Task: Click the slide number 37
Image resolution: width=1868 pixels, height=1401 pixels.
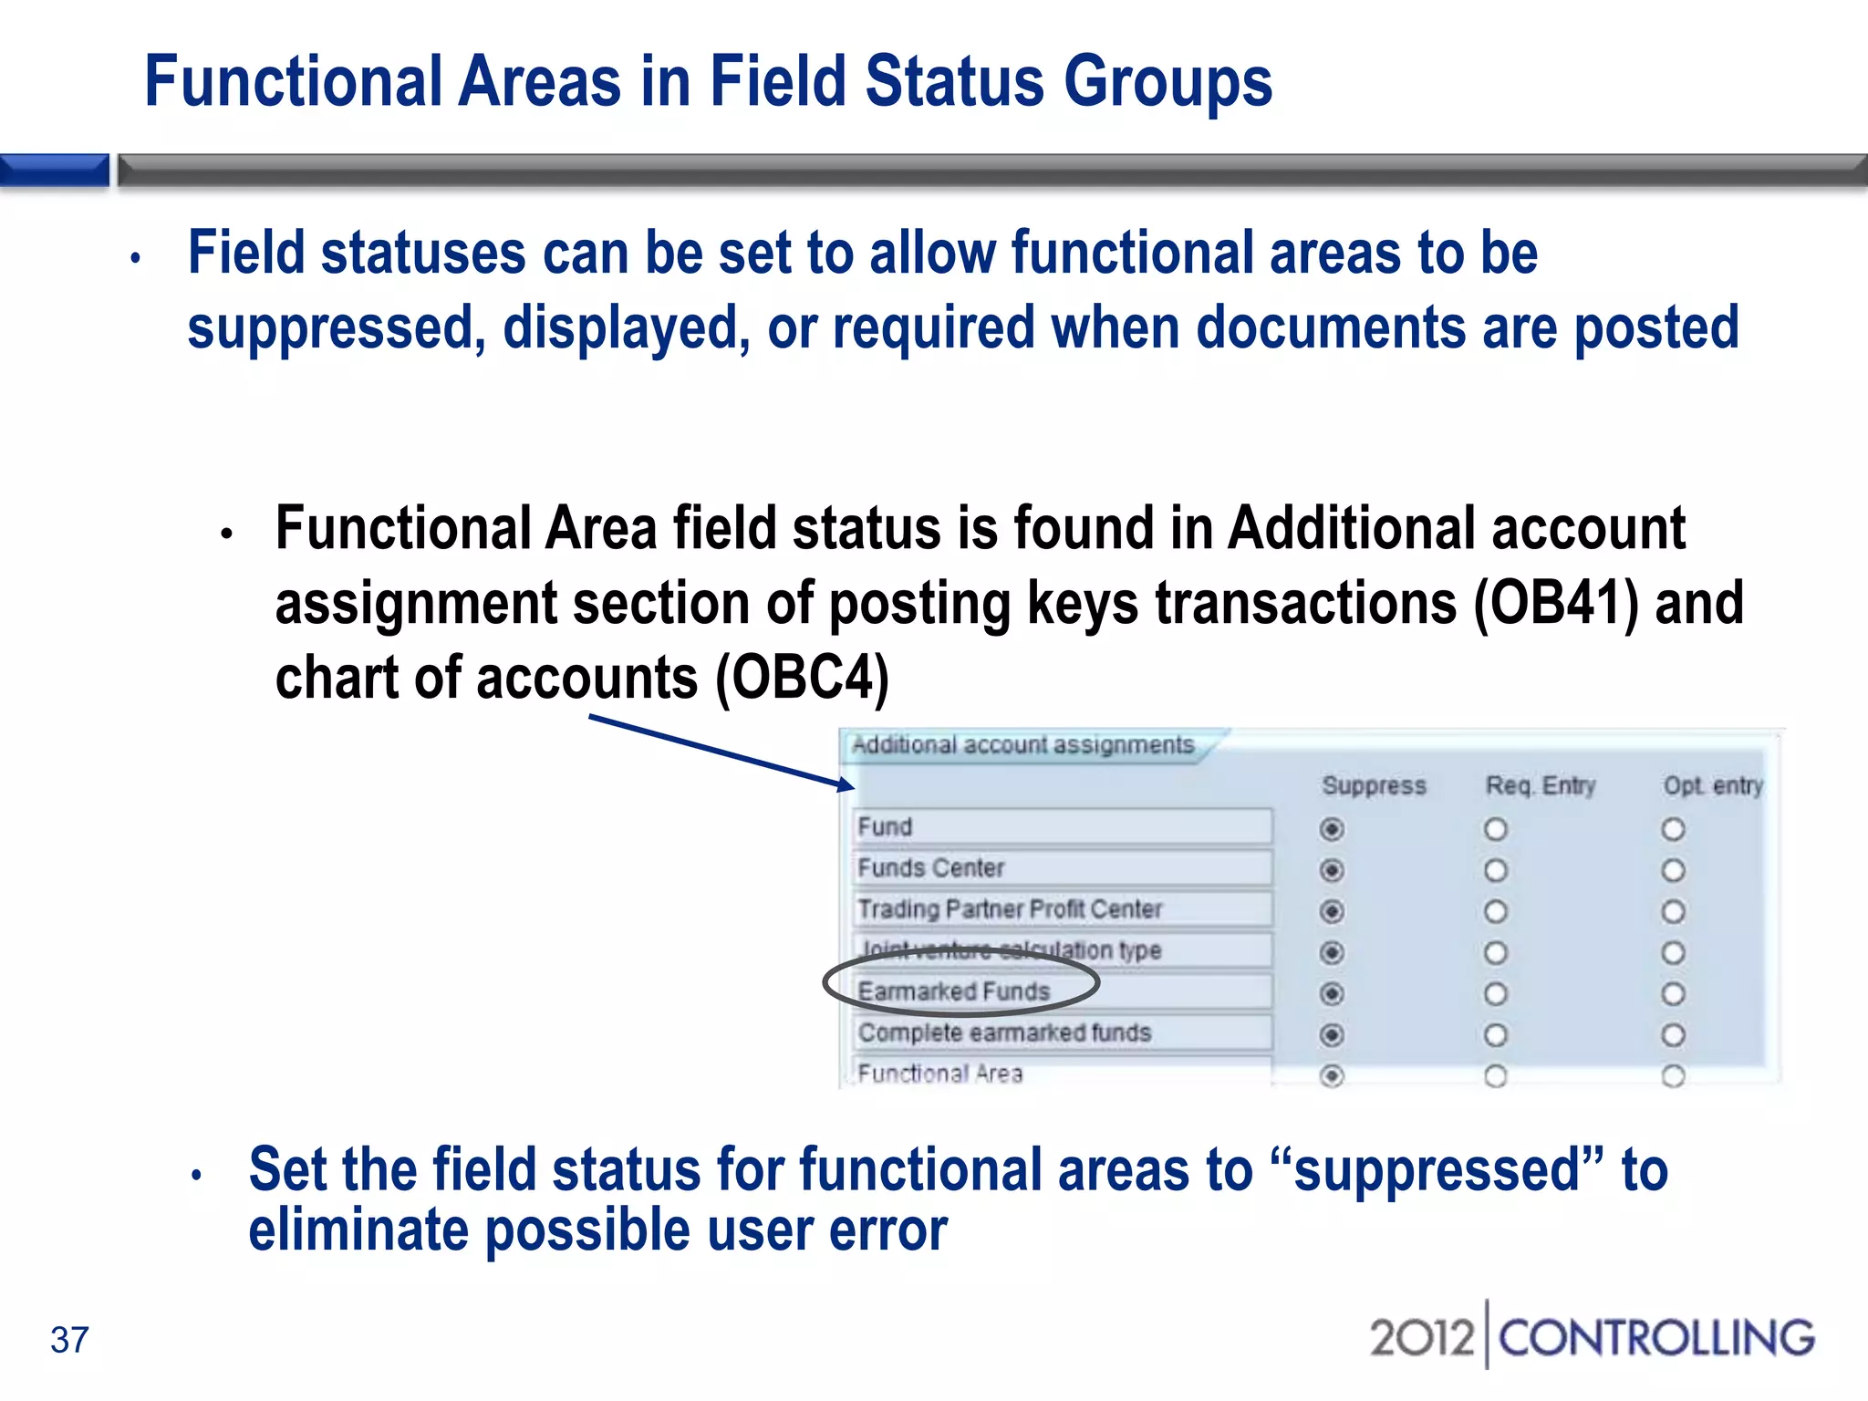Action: click(69, 1340)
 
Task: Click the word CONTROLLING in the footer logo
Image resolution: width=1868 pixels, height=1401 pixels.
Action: click(1655, 1338)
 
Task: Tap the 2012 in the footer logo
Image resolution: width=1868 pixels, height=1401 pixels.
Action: click(1422, 1338)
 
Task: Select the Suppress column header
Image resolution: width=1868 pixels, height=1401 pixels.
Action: click(1374, 785)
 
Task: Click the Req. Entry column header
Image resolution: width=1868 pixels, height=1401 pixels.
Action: click(1541, 785)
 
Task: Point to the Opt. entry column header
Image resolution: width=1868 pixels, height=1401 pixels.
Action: click(1713, 785)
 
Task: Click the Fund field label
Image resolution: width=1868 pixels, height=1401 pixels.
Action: click(885, 826)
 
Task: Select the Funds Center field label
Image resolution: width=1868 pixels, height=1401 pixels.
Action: click(931, 867)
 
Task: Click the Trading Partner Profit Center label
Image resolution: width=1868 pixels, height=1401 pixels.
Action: click(1010, 908)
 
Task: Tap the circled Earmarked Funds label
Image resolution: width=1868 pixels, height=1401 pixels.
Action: click(954, 991)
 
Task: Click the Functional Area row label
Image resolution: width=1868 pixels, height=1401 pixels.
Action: click(940, 1074)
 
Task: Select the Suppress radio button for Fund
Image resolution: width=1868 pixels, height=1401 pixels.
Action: click(1332, 829)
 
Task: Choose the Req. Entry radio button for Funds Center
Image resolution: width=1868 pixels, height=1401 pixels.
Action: click(1496, 870)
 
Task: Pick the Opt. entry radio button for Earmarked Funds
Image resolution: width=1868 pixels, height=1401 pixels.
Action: click(1673, 993)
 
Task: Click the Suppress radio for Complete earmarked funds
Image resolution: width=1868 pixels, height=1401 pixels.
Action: click(1332, 1035)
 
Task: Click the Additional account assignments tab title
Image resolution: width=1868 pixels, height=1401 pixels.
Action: click(1022, 745)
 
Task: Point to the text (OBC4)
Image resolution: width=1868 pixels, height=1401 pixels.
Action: click(802, 679)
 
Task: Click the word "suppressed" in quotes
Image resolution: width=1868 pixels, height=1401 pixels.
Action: click(1437, 1169)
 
